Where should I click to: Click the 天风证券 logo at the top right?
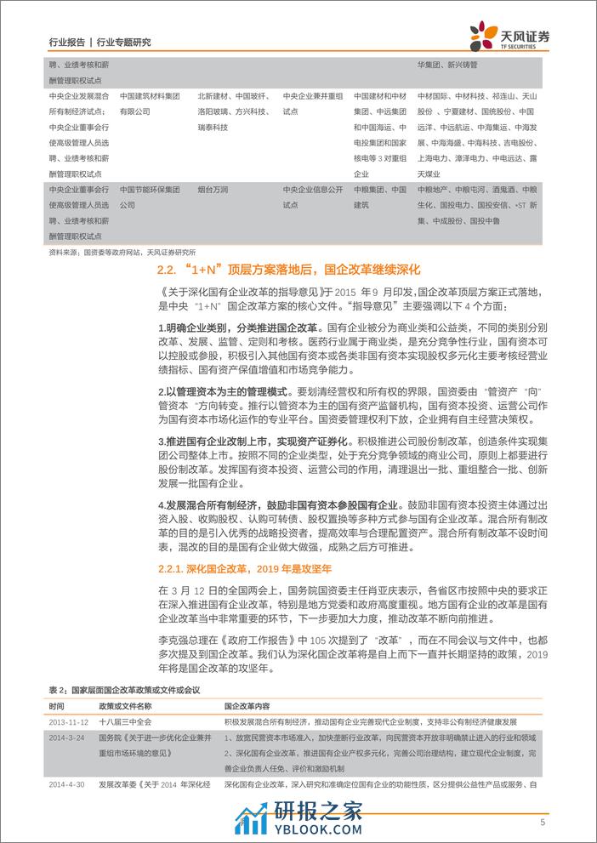coord(509,35)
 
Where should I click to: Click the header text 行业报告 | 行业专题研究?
coord(100,42)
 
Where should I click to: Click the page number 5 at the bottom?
coord(542,822)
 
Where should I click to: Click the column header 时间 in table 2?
coord(56,706)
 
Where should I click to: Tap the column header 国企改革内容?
coord(247,706)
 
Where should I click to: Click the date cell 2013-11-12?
coord(69,721)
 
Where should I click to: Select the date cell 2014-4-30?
coord(67,784)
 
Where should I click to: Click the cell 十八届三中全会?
coord(125,721)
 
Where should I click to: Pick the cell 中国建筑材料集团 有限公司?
coord(150,104)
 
